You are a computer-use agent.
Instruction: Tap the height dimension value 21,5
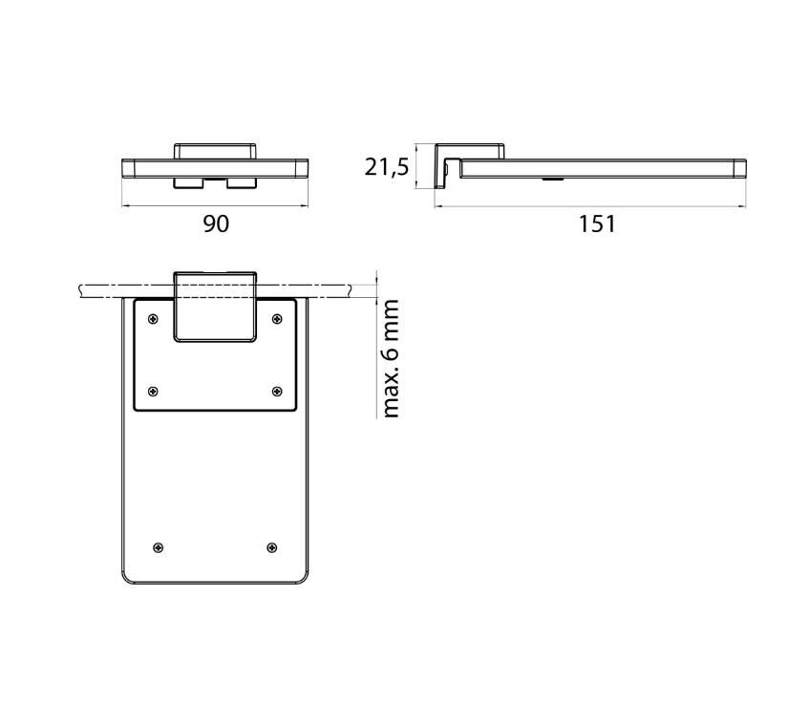(387, 167)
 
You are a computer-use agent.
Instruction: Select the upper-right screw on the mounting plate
(277, 318)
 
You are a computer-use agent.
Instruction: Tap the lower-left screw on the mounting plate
(154, 391)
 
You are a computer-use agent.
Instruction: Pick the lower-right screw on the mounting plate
(277, 391)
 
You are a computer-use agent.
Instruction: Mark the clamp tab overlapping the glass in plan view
(215, 307)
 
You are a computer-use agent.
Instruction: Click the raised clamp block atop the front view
(215, 151)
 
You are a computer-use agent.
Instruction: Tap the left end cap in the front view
(129, 168)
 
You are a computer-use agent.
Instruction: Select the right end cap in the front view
(303, 168)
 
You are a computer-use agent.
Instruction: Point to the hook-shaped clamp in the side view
(444, 164)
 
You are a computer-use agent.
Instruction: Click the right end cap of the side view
(739, 168)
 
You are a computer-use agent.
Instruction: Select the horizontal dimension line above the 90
(216, 204)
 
